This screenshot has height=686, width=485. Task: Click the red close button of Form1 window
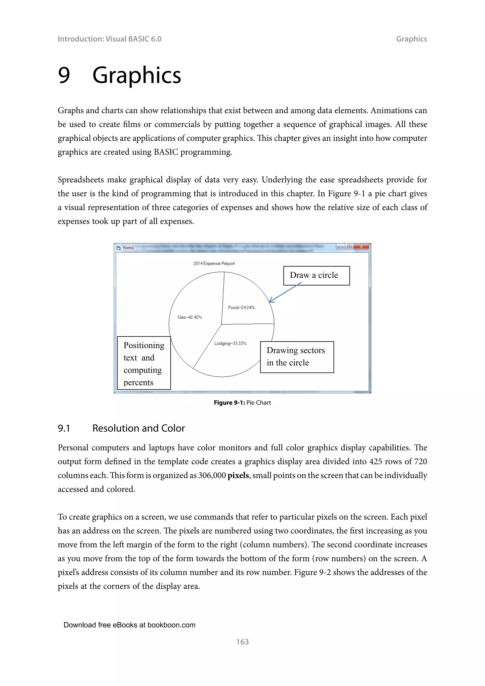[361, 247]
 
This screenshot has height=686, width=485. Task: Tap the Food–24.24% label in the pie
[241, 308]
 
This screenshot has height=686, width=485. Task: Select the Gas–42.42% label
[190, 317]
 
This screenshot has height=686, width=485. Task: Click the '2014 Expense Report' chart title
[214, 263]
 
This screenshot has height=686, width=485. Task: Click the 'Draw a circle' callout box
[316, 275]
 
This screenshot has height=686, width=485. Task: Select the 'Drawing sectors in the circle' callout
[297, 357]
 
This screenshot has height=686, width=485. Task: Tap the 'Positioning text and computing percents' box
[144, 363]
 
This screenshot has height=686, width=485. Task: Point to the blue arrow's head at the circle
[270, 301]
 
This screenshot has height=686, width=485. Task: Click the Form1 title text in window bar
[128, 248]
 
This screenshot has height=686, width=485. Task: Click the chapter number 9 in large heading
[64, 75]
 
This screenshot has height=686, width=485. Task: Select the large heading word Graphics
[137, 75]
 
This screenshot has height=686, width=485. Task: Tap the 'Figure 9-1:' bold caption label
[229, 403]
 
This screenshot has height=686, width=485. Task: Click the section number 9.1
[64, 429]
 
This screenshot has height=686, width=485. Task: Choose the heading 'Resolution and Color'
[139, 429]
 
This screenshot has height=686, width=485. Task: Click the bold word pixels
[238, 475]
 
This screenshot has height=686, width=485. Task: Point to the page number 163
[242, 642]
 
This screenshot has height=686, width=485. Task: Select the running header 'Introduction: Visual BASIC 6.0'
[109, 39]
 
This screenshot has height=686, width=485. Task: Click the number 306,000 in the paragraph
[212, 475]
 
